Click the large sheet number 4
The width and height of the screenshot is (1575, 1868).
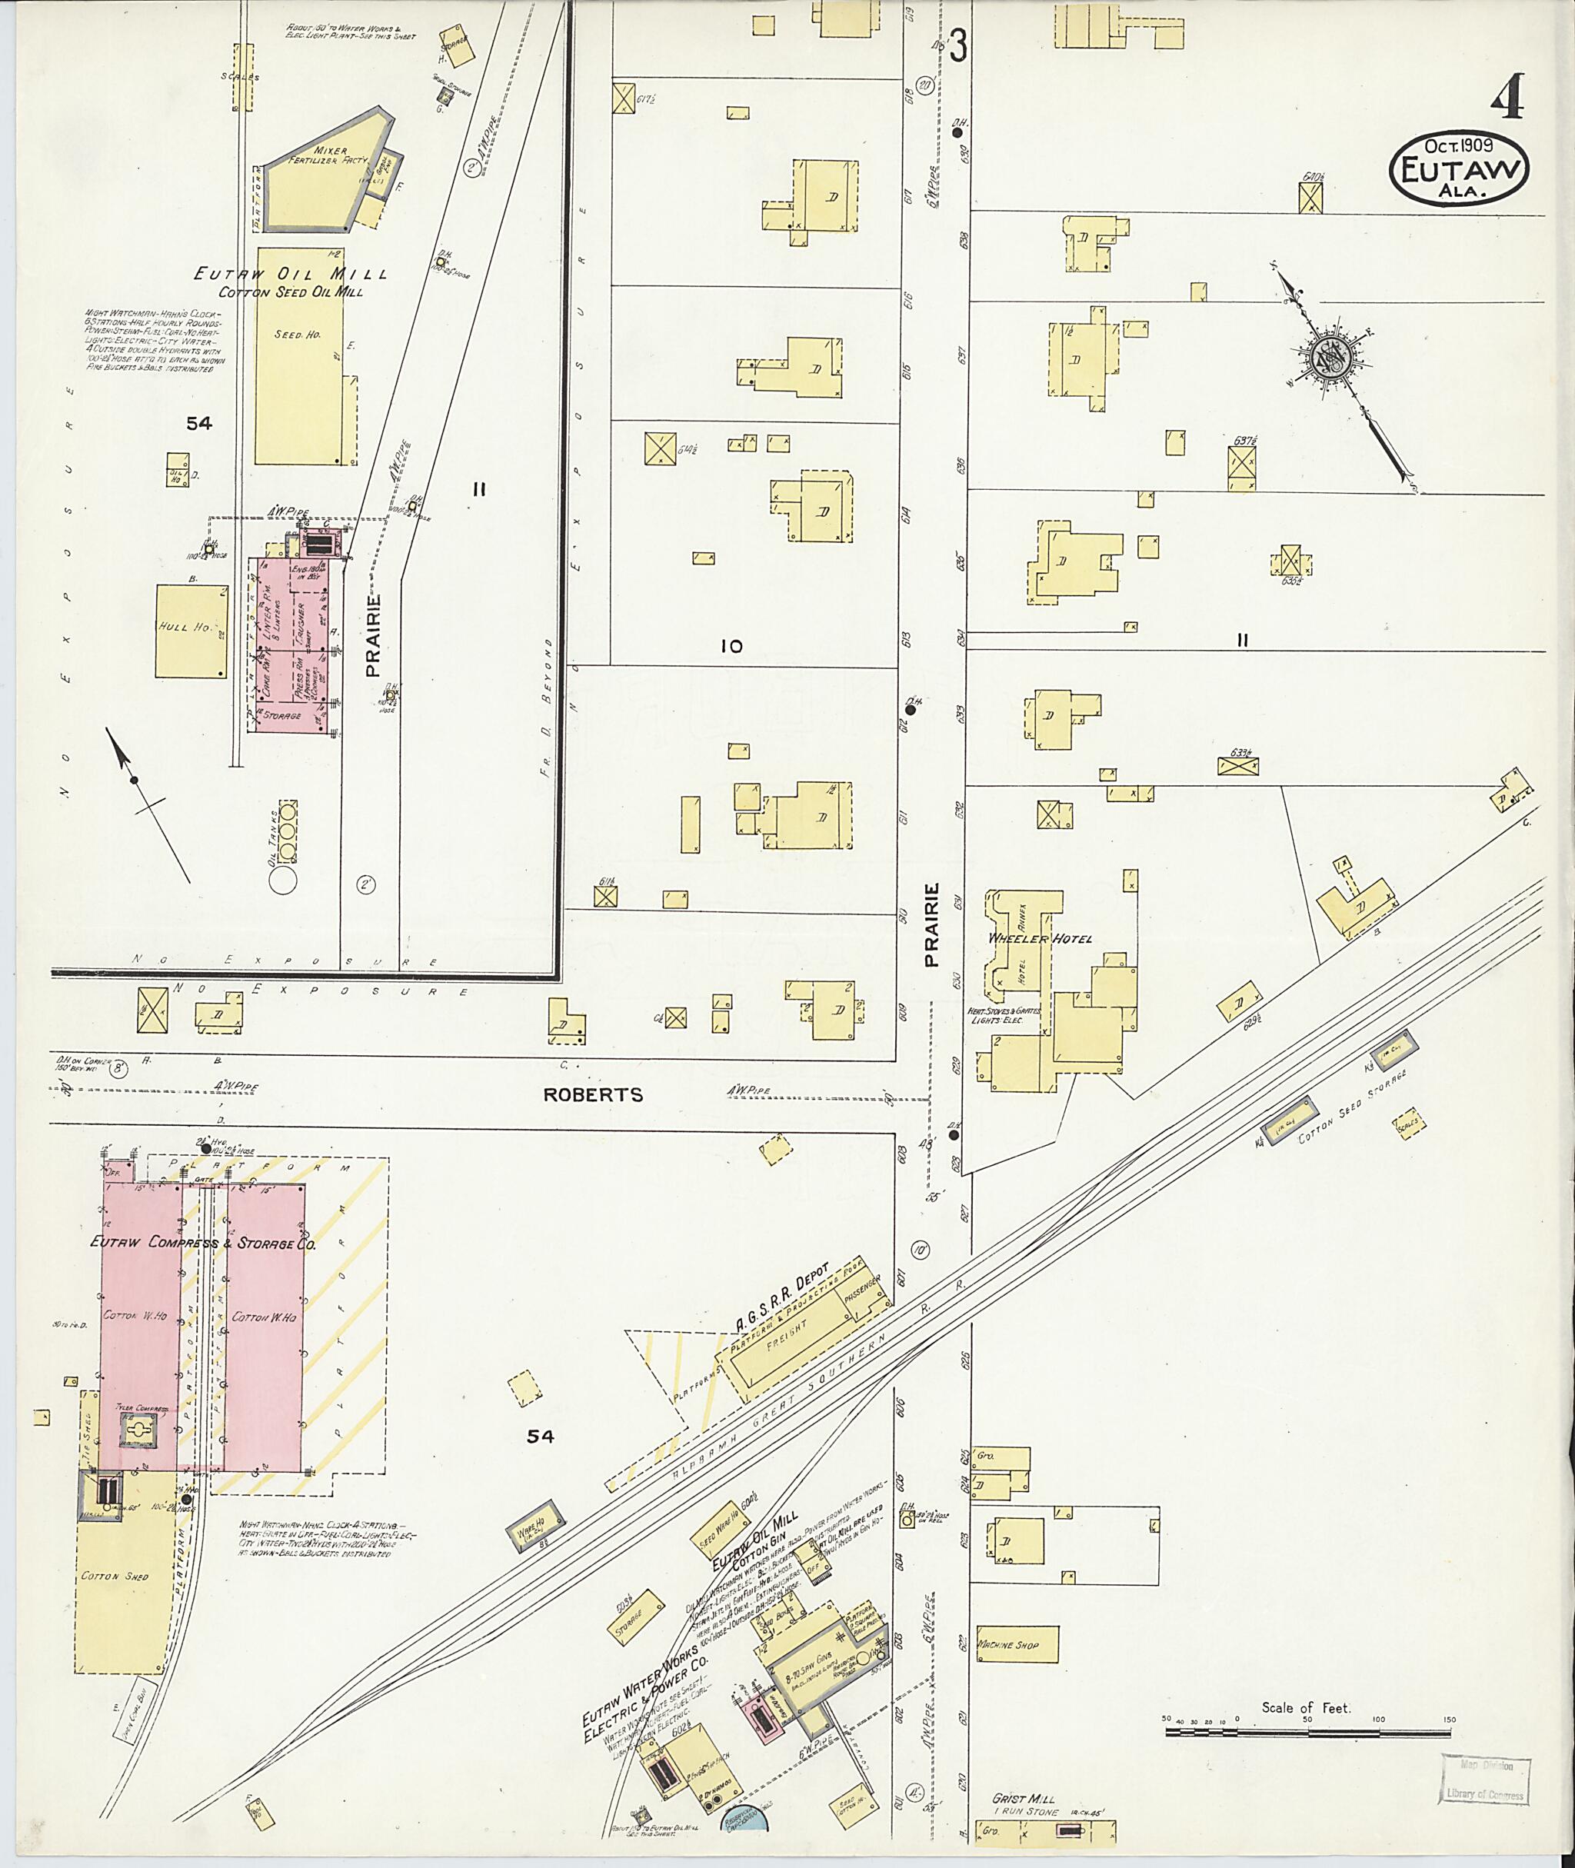pos(1508,100)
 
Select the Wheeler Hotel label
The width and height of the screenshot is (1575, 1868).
pos(1038,938)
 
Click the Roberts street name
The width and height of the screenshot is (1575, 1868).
pos(595,1094)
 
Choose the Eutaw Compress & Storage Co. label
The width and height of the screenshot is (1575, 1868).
pos(204,1243)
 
